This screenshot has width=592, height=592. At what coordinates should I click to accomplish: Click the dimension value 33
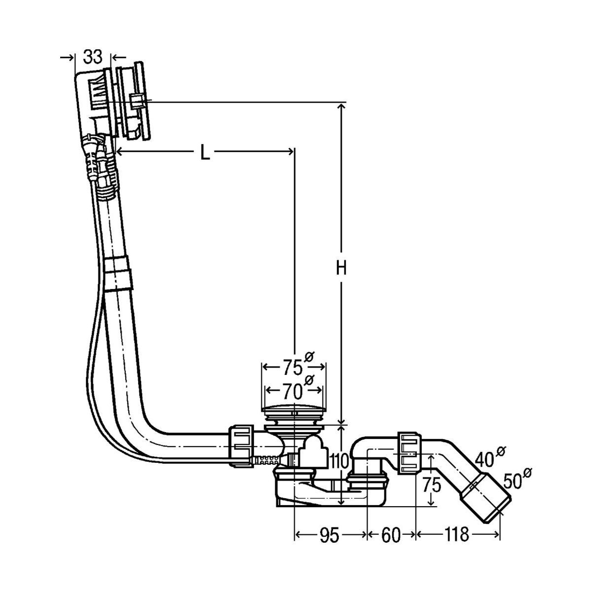pyautogui.click(x=92, y=58)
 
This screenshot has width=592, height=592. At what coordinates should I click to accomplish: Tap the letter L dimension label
pyautogui.click(x=205, y=153)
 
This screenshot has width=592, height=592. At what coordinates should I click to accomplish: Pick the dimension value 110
pyautogui.click(x=340, y=461)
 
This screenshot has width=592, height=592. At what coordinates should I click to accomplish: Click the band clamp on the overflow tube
pyautogui.click(x=118, y=272)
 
